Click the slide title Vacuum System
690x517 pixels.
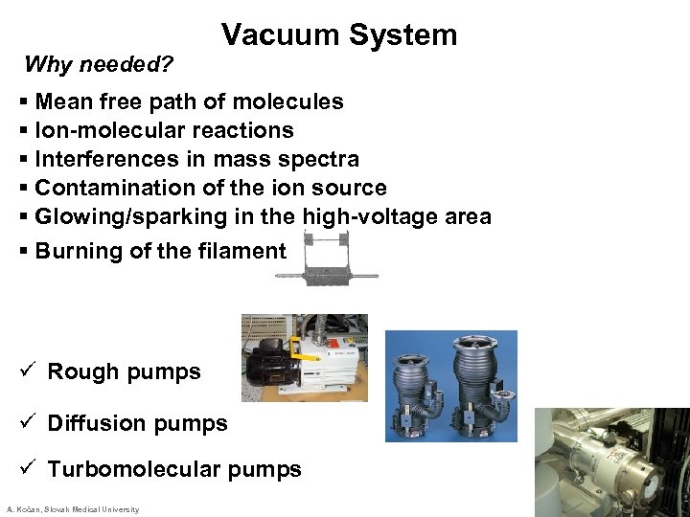339,35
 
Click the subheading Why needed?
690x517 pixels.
99,65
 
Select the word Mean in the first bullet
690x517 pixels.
64,101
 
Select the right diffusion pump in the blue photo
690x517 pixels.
482,383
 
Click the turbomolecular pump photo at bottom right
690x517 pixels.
611,461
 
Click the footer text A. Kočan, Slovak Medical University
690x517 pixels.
72,509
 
